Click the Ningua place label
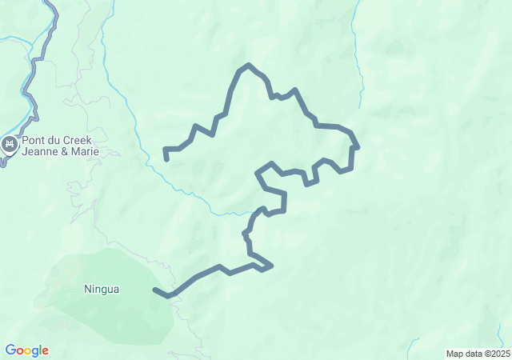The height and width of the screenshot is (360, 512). click(x=102, y=289)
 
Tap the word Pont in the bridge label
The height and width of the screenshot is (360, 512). click(x=34, y=141)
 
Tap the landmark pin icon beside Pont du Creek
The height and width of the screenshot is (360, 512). click(x=10, y=145)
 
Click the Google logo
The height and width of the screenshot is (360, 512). click(x=26, y=350)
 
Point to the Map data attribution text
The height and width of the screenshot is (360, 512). click(x=478, y=354)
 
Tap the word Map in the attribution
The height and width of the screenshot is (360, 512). click(x=454, y=354)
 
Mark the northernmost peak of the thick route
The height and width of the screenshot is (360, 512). click(x=249, y=65)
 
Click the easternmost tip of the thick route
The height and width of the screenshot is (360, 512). click(x=358, y=147)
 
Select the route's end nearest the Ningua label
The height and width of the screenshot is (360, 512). click(x=154, y=290)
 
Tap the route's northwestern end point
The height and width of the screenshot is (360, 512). click(x=166, y=159)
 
